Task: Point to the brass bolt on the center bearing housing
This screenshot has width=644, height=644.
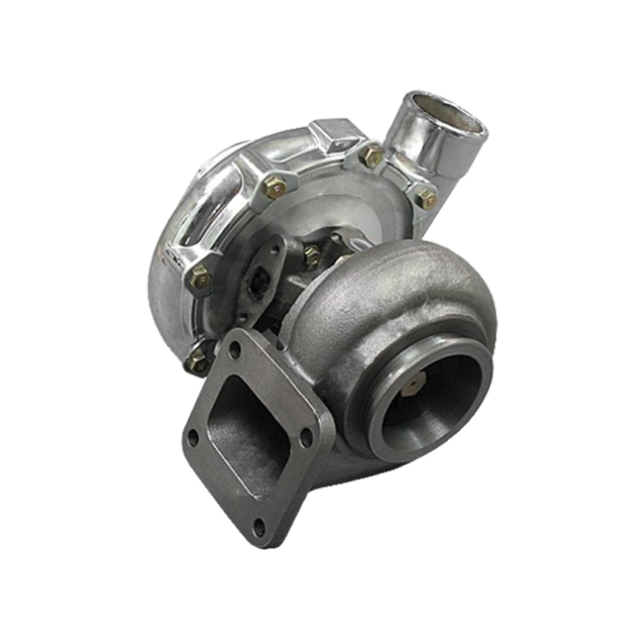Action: [311, 255]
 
